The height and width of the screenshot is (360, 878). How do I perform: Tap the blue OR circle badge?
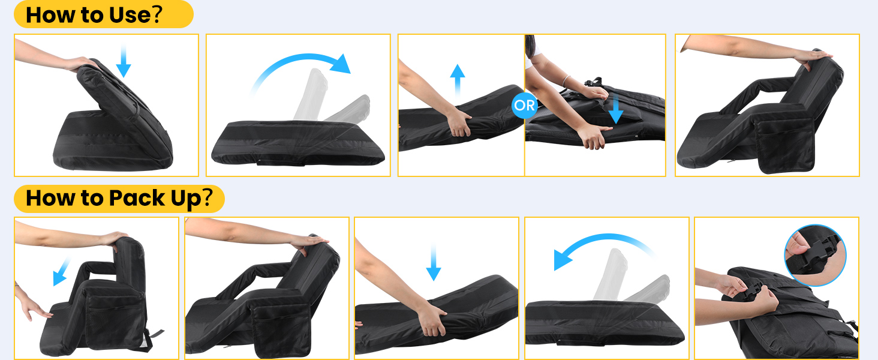pos(524,105)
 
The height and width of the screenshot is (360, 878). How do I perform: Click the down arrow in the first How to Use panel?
pos(124,61)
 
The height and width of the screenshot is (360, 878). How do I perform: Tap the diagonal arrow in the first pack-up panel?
pos(62,271)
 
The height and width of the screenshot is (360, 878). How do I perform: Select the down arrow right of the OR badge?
pos(616,109)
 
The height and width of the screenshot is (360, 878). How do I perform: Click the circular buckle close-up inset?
pos(815,255)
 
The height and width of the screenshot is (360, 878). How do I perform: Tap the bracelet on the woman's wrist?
pos(565,80)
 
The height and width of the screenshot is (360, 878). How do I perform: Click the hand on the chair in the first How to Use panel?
pos(80,64)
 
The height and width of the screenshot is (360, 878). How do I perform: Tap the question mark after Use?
pos(157,14)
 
